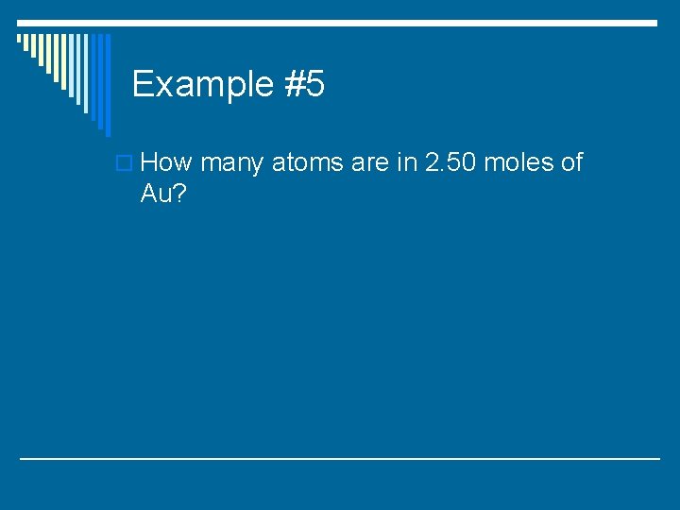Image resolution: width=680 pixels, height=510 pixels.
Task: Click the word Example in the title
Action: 202,85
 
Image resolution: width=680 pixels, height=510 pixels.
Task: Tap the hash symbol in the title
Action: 293,85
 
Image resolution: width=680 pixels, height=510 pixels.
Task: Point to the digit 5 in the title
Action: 315,85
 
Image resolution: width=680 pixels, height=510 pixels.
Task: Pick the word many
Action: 232,164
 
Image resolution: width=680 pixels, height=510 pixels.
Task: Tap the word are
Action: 369,164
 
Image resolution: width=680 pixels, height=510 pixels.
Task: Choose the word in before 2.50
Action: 407,162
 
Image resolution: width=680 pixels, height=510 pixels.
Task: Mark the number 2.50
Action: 451,162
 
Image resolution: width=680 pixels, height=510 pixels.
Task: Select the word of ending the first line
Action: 572,162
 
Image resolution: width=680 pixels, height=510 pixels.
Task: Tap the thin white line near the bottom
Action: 340,458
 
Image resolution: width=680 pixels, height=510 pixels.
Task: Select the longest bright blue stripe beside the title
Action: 107,84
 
